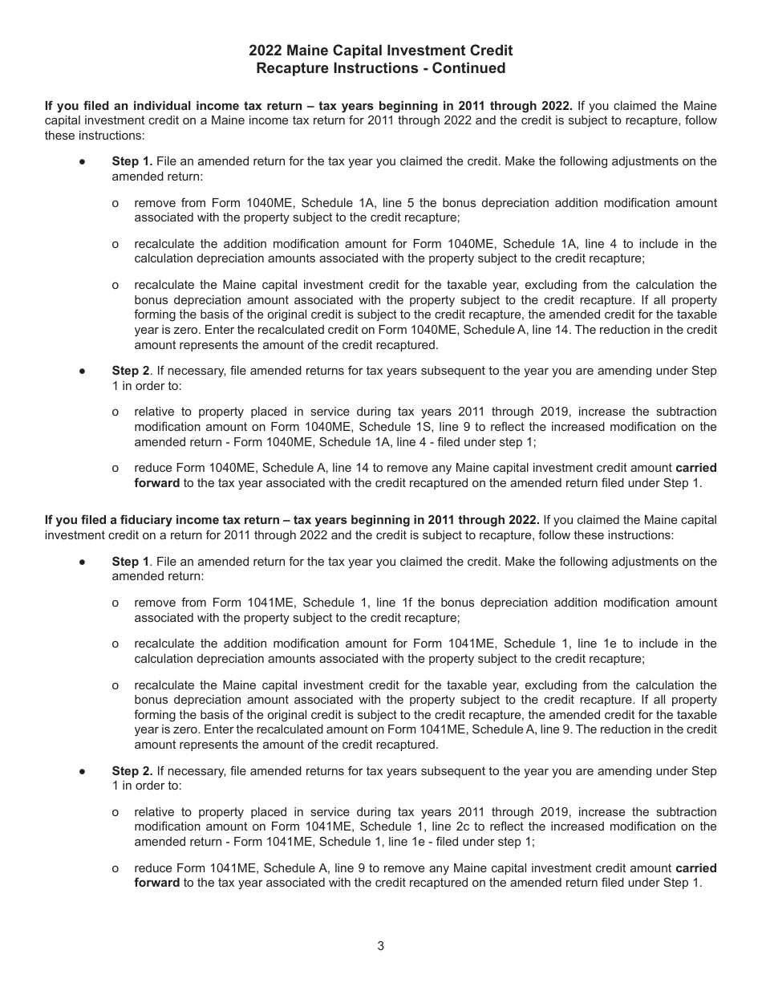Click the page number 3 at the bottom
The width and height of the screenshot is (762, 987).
click(x=380, y=945)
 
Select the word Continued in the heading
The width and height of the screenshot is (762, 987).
click(x=469, y=68)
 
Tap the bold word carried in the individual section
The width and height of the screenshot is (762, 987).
click(x=696, y=468)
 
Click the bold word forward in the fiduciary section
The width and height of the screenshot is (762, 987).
click(x=157, y=883)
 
